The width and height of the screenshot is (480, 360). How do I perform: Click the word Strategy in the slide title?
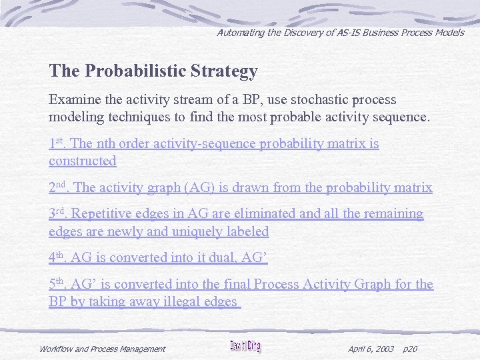(x=224, y=71)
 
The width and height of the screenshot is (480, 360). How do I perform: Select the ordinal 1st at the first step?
(x=56, y=143)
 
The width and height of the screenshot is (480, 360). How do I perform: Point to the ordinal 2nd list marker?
(x=57, y=188)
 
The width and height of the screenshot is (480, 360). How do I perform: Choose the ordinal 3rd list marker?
(x=57, y=214)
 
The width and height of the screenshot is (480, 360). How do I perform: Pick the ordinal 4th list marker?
(x=57, y=257)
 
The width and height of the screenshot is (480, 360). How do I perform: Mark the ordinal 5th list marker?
(x=57, y=284)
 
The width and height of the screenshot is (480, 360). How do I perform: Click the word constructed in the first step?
(x=82, y=161)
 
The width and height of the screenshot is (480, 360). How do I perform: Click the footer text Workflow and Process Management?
(x=102, y=349)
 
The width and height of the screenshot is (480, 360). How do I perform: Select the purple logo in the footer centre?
(x=245, y=347)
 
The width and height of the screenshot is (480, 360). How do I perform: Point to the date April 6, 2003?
(x=371, y=349)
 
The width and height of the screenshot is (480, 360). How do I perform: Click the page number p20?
(x=411, y=349)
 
